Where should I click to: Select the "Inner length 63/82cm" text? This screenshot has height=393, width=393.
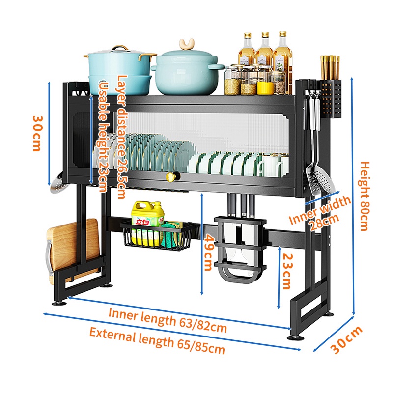(168, 318)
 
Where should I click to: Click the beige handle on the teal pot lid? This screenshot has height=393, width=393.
(187, 46)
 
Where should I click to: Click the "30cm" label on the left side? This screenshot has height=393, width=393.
(37, 133)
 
